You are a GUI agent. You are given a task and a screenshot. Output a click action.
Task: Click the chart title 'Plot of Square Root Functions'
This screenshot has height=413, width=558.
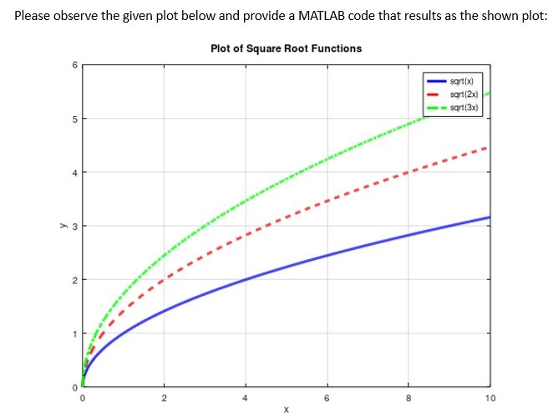[x=287, y=48]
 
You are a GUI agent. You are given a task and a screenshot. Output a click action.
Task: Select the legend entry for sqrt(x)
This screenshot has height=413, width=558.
[x=461, y=81]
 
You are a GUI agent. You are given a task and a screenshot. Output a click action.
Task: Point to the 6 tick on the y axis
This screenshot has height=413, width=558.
[x=74, y=65]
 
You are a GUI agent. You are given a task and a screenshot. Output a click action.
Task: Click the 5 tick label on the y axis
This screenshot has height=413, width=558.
[x=74, y=119]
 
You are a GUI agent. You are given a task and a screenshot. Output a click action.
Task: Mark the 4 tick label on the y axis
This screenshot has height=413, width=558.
[x=74, y=172]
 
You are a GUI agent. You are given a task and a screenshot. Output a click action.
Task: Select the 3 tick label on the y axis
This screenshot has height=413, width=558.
[x=74, y=227]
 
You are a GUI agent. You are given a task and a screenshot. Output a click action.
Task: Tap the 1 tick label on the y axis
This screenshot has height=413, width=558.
[x=74, y=334]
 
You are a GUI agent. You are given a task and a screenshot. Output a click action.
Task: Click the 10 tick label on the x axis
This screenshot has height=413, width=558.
[x=490, y=397]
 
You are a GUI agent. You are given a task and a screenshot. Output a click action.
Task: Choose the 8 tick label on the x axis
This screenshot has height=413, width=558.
[x=408, y=397]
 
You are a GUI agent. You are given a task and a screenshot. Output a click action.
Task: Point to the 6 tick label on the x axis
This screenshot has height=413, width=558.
[x=327, y=397]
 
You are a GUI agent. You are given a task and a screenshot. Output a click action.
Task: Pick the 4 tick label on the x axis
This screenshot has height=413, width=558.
[x=245, y=397]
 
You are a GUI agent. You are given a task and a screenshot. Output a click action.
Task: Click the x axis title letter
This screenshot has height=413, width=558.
[x=286, y=409]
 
